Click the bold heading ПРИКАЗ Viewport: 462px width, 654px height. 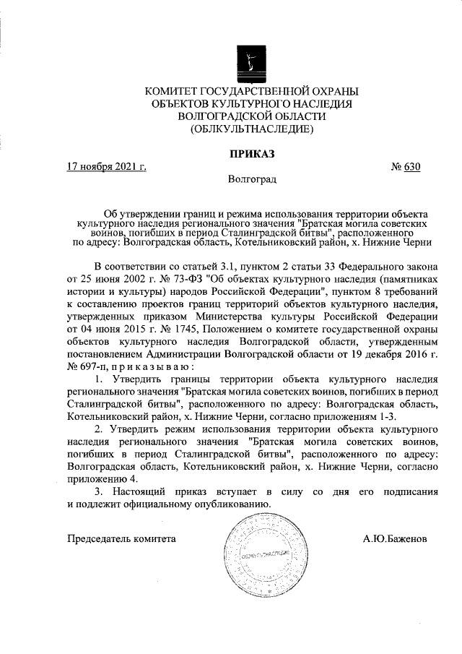[252, 152]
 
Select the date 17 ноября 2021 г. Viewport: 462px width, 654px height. [106, 167]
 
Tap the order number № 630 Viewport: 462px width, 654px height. [406, 167]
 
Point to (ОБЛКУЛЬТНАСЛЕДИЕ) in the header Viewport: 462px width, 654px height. [251, 130]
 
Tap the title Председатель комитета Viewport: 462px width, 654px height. [121, 538]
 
